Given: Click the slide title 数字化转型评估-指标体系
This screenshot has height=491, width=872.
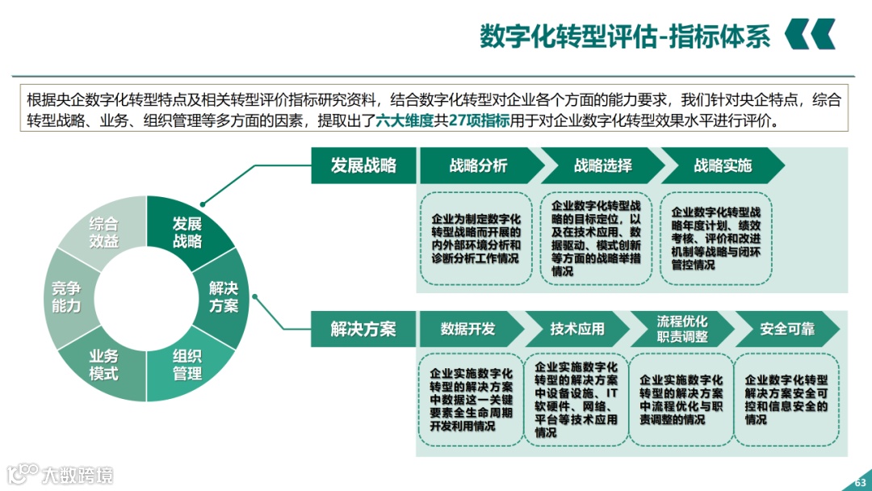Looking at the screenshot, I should [625, 36].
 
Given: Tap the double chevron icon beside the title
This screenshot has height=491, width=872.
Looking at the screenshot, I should [810, 35].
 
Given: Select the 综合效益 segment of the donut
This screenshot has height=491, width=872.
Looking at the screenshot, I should [103, 232].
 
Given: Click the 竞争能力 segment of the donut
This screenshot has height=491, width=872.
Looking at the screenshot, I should [66, 297].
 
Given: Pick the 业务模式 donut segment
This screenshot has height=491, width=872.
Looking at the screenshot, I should [103, 364].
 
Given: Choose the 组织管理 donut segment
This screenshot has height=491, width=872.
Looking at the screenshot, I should [187, 364].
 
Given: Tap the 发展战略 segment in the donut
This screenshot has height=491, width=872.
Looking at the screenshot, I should [187, 232].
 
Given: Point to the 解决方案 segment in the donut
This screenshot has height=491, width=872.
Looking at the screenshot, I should [224, 297].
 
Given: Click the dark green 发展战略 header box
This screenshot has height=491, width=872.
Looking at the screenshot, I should [363, 166].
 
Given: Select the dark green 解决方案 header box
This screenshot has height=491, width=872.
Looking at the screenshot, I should [363, 329].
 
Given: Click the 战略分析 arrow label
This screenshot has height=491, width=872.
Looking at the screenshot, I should [478, 166].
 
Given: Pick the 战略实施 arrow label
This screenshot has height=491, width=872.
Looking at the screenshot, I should [722, 166].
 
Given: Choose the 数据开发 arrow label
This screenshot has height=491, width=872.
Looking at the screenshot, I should [467, 329].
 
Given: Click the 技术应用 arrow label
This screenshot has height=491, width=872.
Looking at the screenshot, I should [576, 329].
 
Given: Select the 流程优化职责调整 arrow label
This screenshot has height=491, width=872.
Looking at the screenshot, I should [681, 329].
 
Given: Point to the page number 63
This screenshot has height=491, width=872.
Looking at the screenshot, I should [859, 483].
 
